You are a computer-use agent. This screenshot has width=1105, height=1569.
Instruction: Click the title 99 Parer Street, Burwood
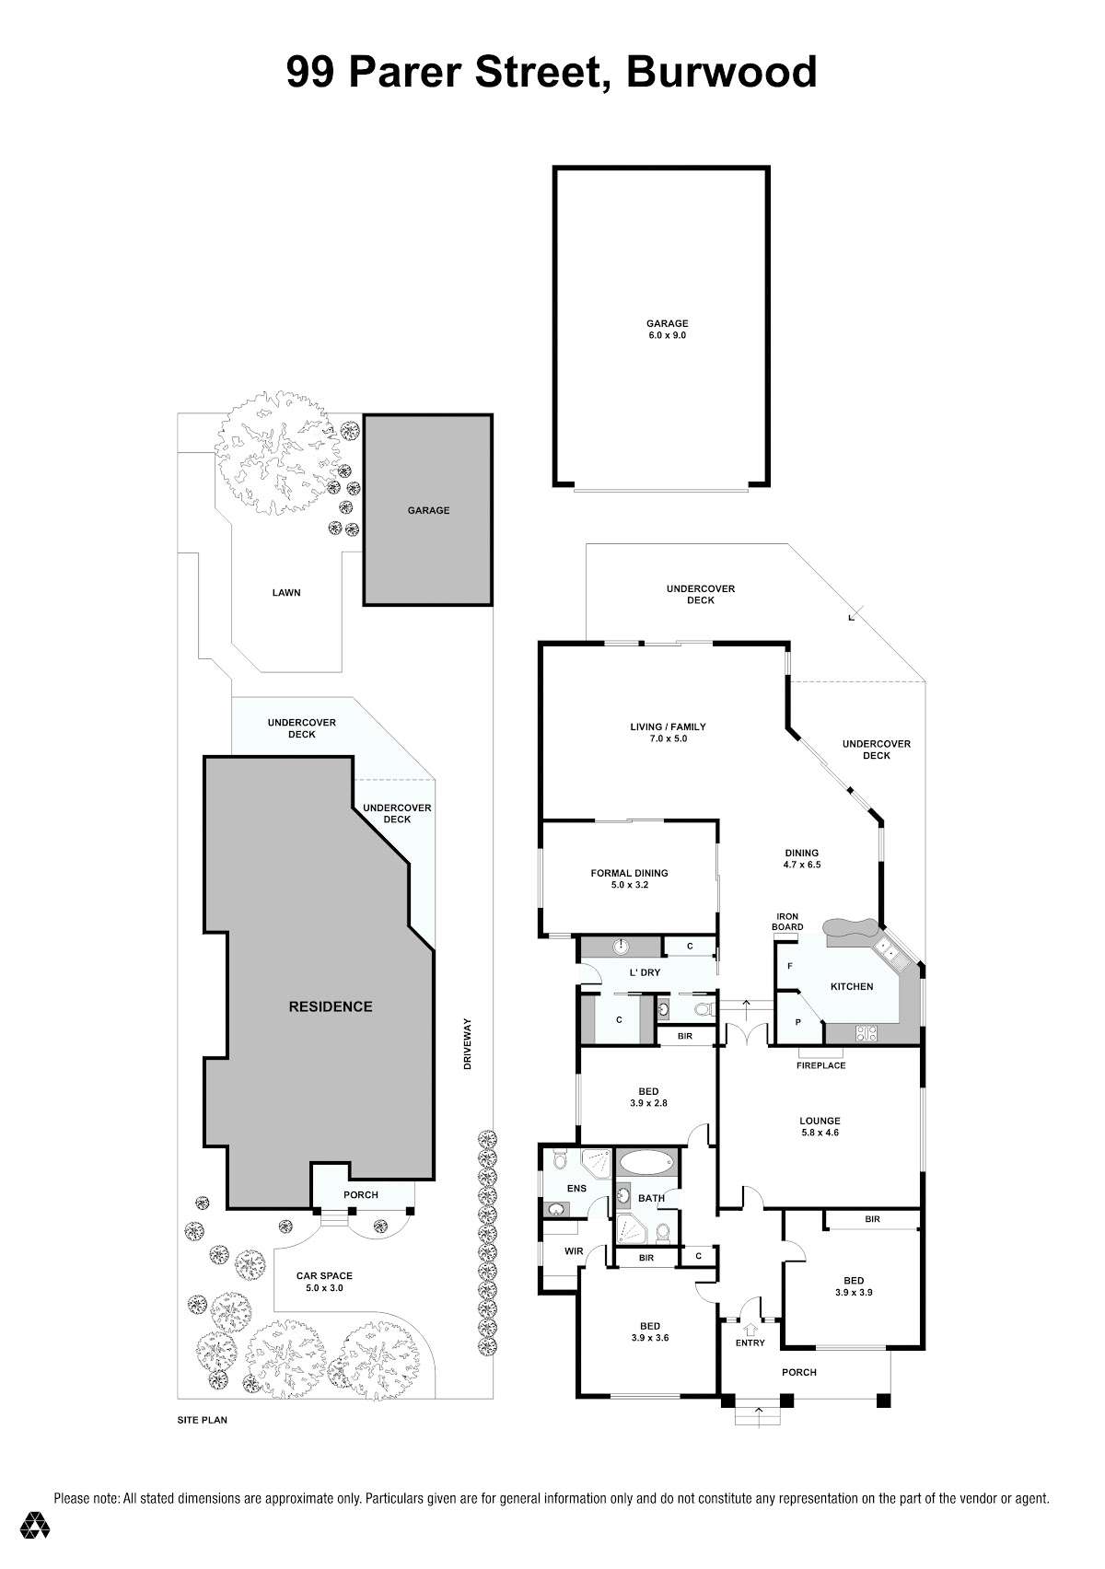pos(552,73)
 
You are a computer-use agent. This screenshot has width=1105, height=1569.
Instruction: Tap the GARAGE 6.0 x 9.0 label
pos(667,330)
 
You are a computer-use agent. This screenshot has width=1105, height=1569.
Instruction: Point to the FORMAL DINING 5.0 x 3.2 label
pos(629,878)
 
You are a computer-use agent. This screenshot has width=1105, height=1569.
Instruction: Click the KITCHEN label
pos(852,986)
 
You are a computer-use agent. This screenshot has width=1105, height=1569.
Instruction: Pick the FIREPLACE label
pos(820,1065)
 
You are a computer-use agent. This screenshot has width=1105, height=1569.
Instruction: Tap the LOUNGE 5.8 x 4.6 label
pos(820,1126)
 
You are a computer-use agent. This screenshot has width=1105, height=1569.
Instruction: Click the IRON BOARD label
pos(787,921)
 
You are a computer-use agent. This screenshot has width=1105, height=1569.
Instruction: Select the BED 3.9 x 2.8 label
pos(648,1097)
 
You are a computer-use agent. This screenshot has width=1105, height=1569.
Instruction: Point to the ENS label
pos(576,1188)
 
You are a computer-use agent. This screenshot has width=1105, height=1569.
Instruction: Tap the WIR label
pos(574,1250)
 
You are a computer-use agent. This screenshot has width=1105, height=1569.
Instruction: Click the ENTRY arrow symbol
pos(750,1329)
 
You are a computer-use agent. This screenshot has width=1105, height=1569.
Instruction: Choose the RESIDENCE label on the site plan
pos(331,1006)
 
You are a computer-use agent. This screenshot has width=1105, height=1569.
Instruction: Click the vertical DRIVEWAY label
pos(468,1043)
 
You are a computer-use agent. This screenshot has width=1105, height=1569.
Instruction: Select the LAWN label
pos(285,593)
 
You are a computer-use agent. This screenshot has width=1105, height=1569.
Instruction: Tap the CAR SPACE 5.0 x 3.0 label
pos(324,1282)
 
